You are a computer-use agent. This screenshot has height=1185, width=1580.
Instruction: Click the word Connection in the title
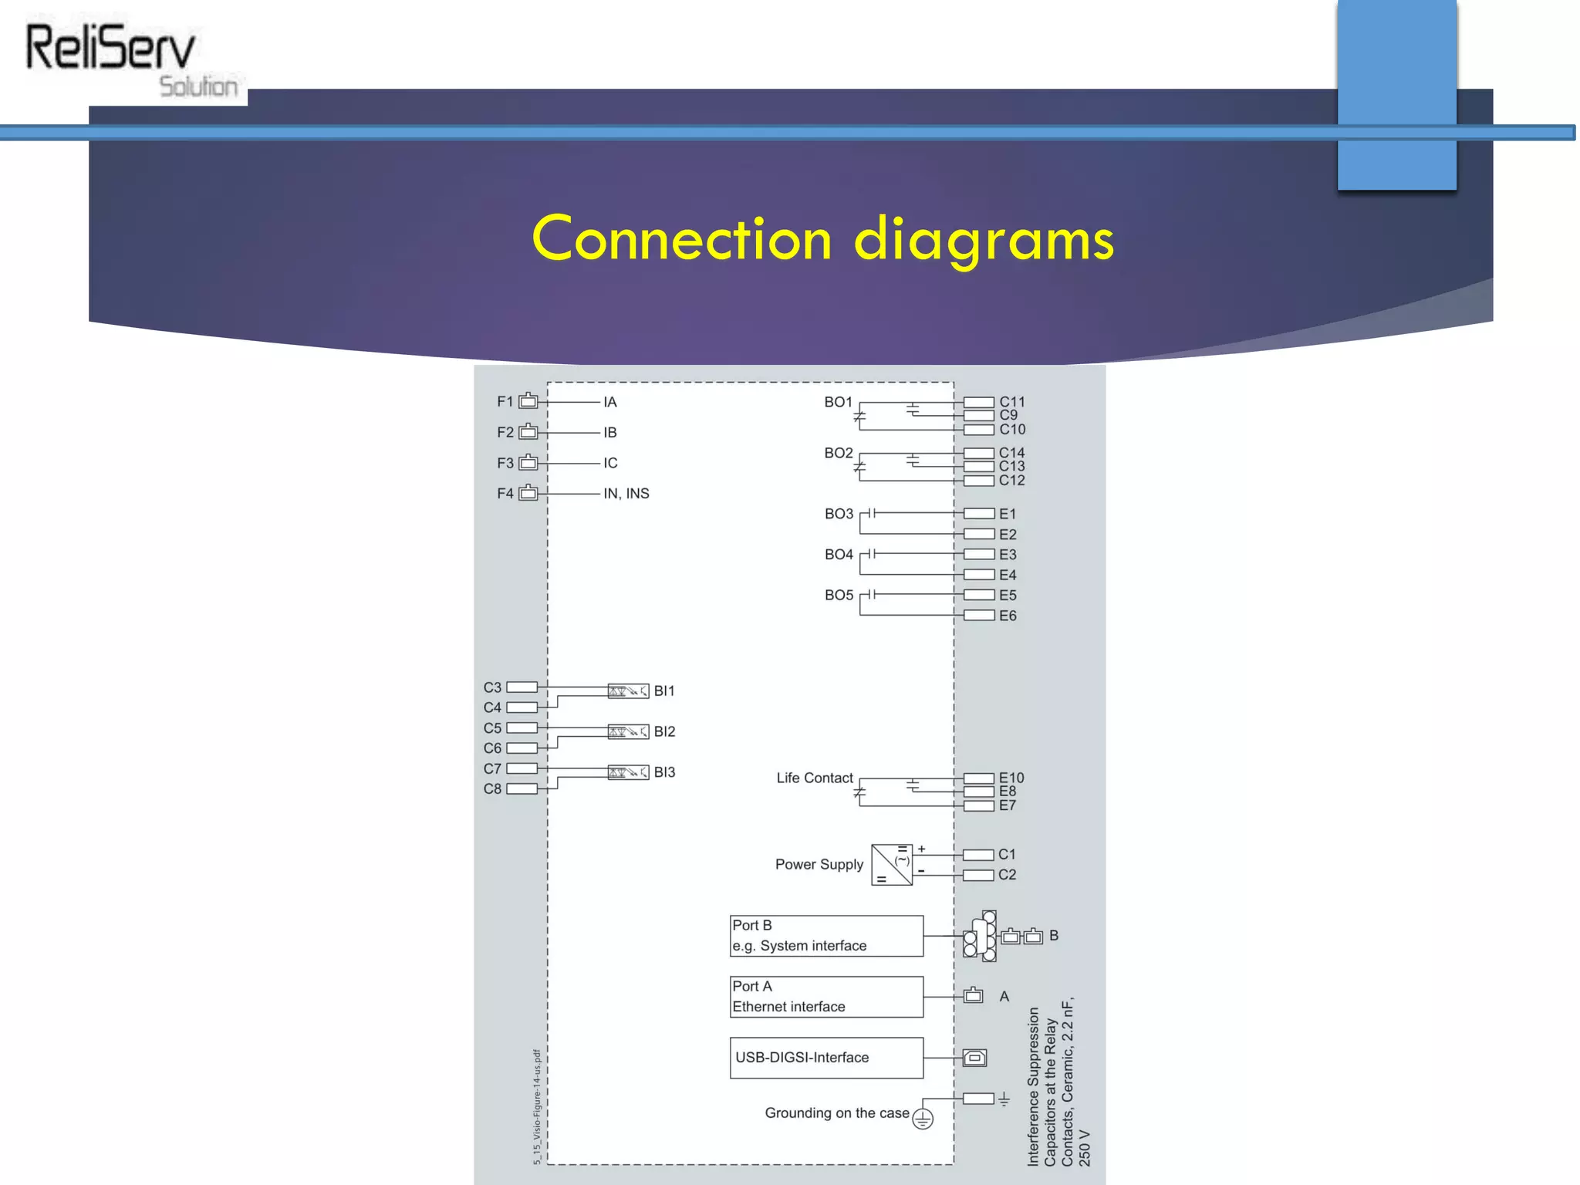(x=682, y=238)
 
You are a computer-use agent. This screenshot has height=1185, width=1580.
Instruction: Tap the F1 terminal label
(x=505, y=402)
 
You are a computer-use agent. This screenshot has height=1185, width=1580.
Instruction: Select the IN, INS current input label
(x=626, y=494)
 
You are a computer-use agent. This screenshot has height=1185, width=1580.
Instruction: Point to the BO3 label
(x=839, y=514)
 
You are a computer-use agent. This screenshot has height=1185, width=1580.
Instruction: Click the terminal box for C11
(x=978, y=402)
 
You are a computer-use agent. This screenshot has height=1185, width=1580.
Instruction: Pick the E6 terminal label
(x=1008, y=616)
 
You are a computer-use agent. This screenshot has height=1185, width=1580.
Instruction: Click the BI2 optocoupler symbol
(x=628, y=731)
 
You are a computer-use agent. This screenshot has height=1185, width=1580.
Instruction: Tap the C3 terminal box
(x=522, y=687)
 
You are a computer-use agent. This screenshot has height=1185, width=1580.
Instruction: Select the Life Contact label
(x=815, y=778)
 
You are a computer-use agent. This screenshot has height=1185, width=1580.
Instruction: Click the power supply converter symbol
(x=892, y=865)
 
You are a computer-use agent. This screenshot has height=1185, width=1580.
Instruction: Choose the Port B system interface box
(x=826, y=936)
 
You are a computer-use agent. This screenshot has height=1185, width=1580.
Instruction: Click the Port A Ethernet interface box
(x=826, y=997)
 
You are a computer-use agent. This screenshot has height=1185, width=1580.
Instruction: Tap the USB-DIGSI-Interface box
(x=826, y=1058)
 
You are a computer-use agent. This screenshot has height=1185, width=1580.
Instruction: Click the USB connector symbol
(x=974, y=1058)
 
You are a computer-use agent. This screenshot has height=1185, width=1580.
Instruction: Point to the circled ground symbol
(x=923, y=1119)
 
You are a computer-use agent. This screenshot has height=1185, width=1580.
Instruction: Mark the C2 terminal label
(x=1007, y=875)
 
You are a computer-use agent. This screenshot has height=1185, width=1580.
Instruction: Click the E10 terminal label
(x=1011, y=778)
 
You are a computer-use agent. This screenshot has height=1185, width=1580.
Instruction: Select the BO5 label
(x=839, y=596)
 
